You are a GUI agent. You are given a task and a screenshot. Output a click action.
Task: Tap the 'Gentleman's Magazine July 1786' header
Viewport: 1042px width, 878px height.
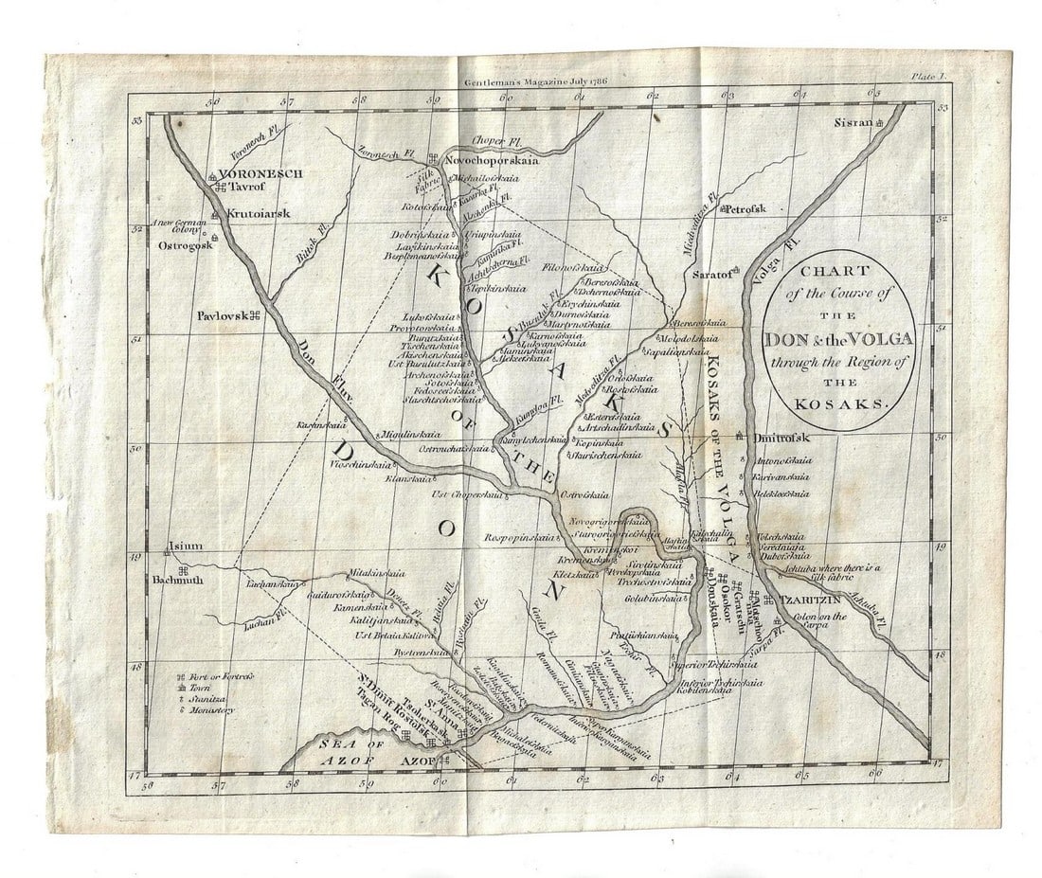(x=535, y=82)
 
